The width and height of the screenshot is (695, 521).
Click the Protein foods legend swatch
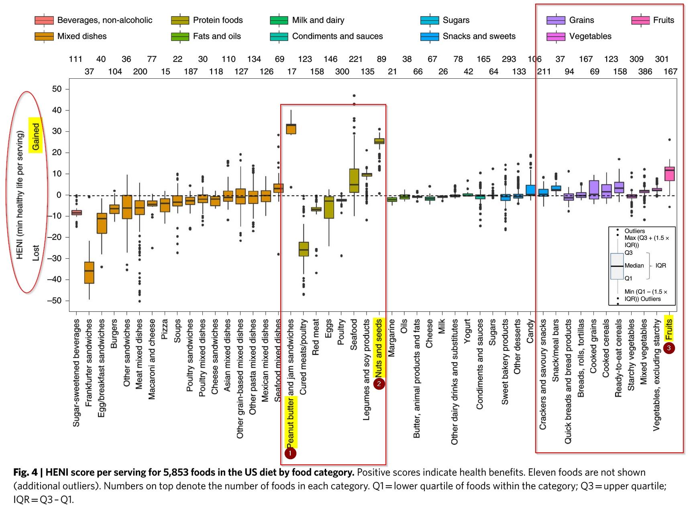(x=180, y=20)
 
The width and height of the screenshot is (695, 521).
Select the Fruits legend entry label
(x=663, y=20)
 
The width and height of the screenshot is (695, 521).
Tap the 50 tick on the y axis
(x=57, y=89)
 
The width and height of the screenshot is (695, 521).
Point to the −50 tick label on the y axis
(x=54, y=301)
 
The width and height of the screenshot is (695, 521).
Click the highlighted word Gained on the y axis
(x=36, y=136)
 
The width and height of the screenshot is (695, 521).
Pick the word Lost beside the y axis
(x=36, y=253)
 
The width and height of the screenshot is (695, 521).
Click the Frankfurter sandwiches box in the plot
(x=89, y=273)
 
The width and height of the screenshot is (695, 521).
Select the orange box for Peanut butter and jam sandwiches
(x=291, y=129)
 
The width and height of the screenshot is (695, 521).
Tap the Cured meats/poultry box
(x=304, y=249)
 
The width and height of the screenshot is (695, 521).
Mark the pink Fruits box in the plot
(x=669, y=174)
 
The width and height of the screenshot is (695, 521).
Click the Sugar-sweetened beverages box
(x=76, y=212)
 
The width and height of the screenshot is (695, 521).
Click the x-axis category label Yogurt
(x=467, y=331)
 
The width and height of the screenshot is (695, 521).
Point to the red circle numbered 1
(x=290, y=454)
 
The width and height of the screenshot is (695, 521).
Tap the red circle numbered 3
(x=669, y=348)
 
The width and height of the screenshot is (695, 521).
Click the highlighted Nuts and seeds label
(x=379, y=348)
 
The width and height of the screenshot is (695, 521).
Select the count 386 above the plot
(x=645, y=72)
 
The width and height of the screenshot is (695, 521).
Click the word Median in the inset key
(x=634, y=266)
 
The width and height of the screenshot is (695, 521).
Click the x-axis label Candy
(x=530, y=331)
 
